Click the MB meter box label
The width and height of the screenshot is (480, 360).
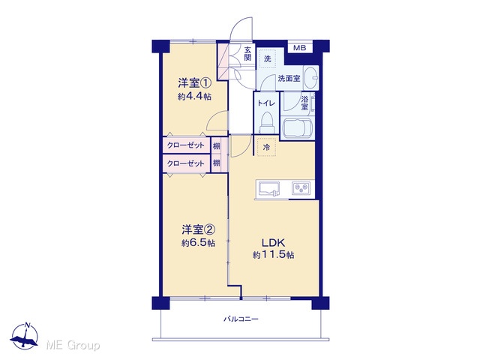(x=299, y=48)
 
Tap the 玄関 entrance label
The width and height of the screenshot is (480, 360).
(x=247, y=53)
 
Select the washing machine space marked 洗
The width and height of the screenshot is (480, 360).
(x=268, y=58)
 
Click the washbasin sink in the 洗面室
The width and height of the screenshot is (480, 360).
(x=311, y=78)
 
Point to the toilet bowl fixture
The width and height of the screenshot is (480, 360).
(x=266, y=122)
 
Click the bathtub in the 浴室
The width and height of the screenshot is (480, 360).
(x=298, y=128)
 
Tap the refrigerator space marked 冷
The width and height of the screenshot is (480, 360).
(x=267, y=147)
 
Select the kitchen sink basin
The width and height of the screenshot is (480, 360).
(x=269, y=188)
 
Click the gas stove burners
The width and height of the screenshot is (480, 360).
(x=301, y=188)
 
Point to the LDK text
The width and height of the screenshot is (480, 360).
(x=273, y=243)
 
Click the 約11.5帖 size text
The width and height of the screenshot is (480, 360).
(x=273, y=255)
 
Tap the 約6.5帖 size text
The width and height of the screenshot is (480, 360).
(x=198, y=243)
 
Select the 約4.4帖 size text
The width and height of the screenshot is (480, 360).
(x=194, y=97)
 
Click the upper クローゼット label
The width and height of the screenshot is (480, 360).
(x=185, y=145)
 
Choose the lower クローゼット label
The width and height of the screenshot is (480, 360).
(x=185, y=163)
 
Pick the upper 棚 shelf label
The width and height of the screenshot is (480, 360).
(x=217, y=145)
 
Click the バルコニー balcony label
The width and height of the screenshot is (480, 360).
(x=241, y=319)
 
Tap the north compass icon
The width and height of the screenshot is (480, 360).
(x=24, y=336)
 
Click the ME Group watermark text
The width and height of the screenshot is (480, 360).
(x=73, y=346)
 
